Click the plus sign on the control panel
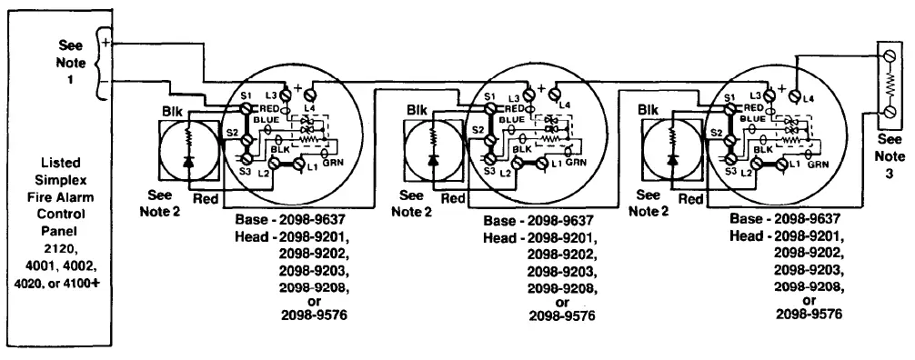[x=106, y=42]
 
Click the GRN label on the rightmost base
[x=818, y=165]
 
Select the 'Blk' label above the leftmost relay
[x=173, y=110]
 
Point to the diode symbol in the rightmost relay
[x=672, y=159]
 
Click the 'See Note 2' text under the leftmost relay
[x=164, y=203]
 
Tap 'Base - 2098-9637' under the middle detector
[x=540, y=220]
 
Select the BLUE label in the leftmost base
[x=267, y=119]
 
